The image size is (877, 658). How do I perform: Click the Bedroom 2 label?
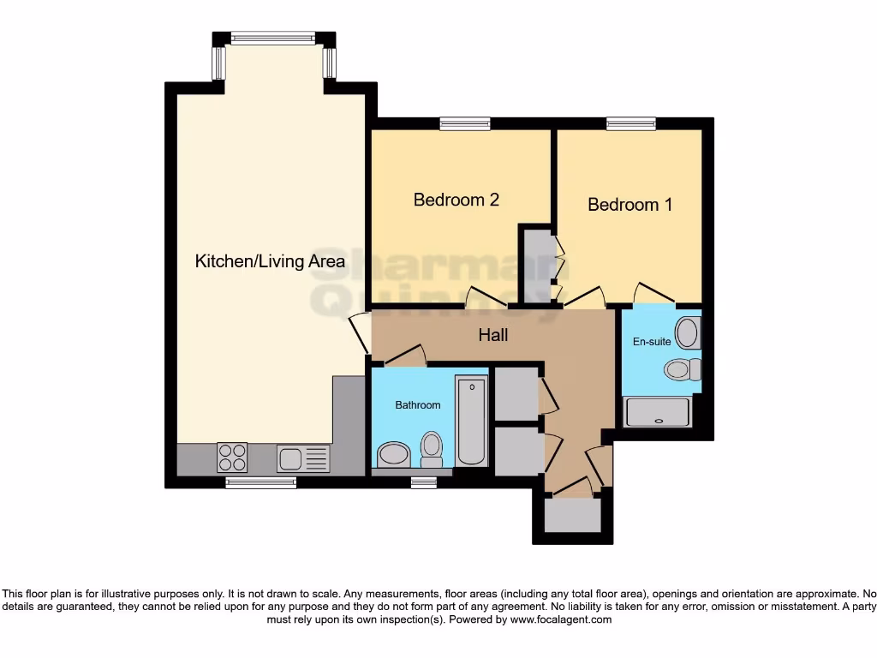[456, 200]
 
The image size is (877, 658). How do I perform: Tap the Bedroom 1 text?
[629, 205]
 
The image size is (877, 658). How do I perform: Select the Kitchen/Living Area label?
[270, 261]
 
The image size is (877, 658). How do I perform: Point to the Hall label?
[492, 335]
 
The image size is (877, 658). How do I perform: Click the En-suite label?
[652, 341]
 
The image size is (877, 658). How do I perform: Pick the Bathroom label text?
[418, 404]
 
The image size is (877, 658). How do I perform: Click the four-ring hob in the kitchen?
[233, 457]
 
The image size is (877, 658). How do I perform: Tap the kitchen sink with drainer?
[302, 458]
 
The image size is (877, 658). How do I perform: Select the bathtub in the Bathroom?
[472, 420]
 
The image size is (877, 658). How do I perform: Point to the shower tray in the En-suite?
[658, 412]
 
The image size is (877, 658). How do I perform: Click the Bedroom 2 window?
[464, 124]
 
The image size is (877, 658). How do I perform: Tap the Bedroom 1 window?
[631, 124]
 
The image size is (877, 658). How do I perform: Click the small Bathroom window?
[423, 483]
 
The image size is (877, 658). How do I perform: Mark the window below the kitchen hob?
[260, 483]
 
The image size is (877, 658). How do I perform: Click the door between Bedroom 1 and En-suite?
[653, 296]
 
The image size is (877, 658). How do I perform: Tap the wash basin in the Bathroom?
[392, 454]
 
